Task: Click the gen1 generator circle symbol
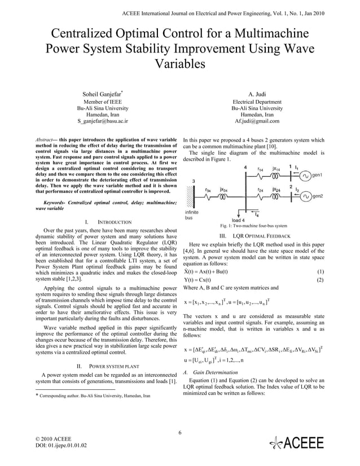(305, 175)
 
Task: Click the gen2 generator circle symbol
(305, 196)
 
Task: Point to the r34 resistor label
(208, 190)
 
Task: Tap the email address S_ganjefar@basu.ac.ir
(103, 121)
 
